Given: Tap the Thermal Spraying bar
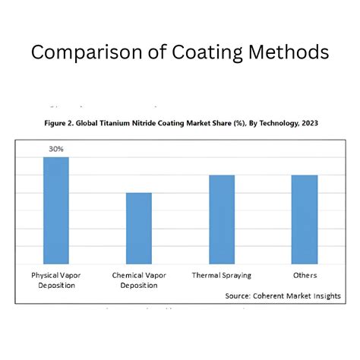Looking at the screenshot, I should point(222,219).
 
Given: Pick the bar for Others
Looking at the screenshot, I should point(305,219).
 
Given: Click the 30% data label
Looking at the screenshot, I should point(56,150).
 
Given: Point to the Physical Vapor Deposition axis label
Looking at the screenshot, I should point(56,279).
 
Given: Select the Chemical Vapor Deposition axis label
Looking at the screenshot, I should point(139,279).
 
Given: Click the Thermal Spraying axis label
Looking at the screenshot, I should point(222,275).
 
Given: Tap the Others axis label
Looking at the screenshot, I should point(305,275).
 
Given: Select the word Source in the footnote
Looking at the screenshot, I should point(240,295).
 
